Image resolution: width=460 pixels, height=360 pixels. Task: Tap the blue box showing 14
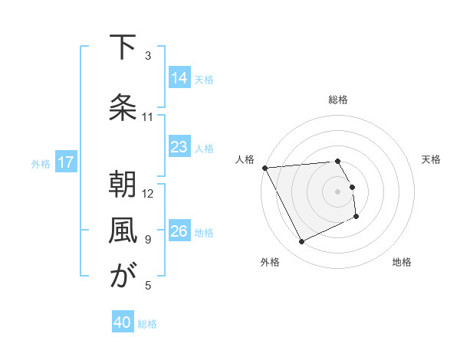(x=179, y=78)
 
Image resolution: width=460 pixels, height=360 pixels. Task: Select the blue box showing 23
(x=179, y=147)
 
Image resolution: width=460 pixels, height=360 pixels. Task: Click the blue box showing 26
(x=179, y=231)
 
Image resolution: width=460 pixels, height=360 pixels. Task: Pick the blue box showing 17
(x=66, y=162)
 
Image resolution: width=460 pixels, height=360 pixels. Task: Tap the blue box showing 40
(x=123, y=323)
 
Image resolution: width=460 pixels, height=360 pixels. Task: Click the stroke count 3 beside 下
(x=149, y=56)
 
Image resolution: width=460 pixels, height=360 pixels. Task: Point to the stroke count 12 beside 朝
(x=149, y=193)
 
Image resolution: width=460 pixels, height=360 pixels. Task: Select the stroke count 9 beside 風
(x=149, y=240)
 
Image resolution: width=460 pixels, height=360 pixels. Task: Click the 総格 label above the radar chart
(x=338, y=100)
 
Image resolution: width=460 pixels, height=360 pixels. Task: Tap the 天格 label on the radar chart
(x=432, y=159)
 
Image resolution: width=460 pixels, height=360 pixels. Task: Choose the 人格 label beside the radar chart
(x=245, y=159)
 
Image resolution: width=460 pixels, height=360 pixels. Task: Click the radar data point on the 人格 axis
(x=264, y=168)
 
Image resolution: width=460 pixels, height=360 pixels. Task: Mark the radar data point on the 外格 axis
(x=301, y=242)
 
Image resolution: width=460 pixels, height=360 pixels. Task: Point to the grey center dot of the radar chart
(x=338, y=191)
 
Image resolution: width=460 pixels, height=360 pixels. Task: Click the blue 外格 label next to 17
(x=41, y=163)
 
